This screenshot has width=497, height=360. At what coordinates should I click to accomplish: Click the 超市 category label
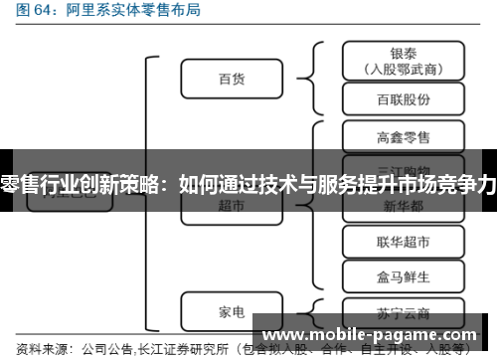coord(231,205)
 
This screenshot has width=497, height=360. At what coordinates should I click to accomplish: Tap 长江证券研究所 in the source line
coord(189,349)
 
